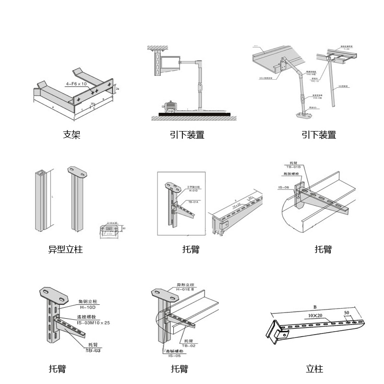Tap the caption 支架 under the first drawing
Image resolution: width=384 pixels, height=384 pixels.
[72, 134]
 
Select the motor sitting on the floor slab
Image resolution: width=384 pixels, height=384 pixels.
[170, 107]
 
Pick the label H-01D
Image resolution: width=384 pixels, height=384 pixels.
[193, 191]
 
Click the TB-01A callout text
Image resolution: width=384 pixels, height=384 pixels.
[193, 202]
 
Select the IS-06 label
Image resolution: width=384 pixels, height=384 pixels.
[283, 188]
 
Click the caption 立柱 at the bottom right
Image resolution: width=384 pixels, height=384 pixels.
[314, 369]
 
